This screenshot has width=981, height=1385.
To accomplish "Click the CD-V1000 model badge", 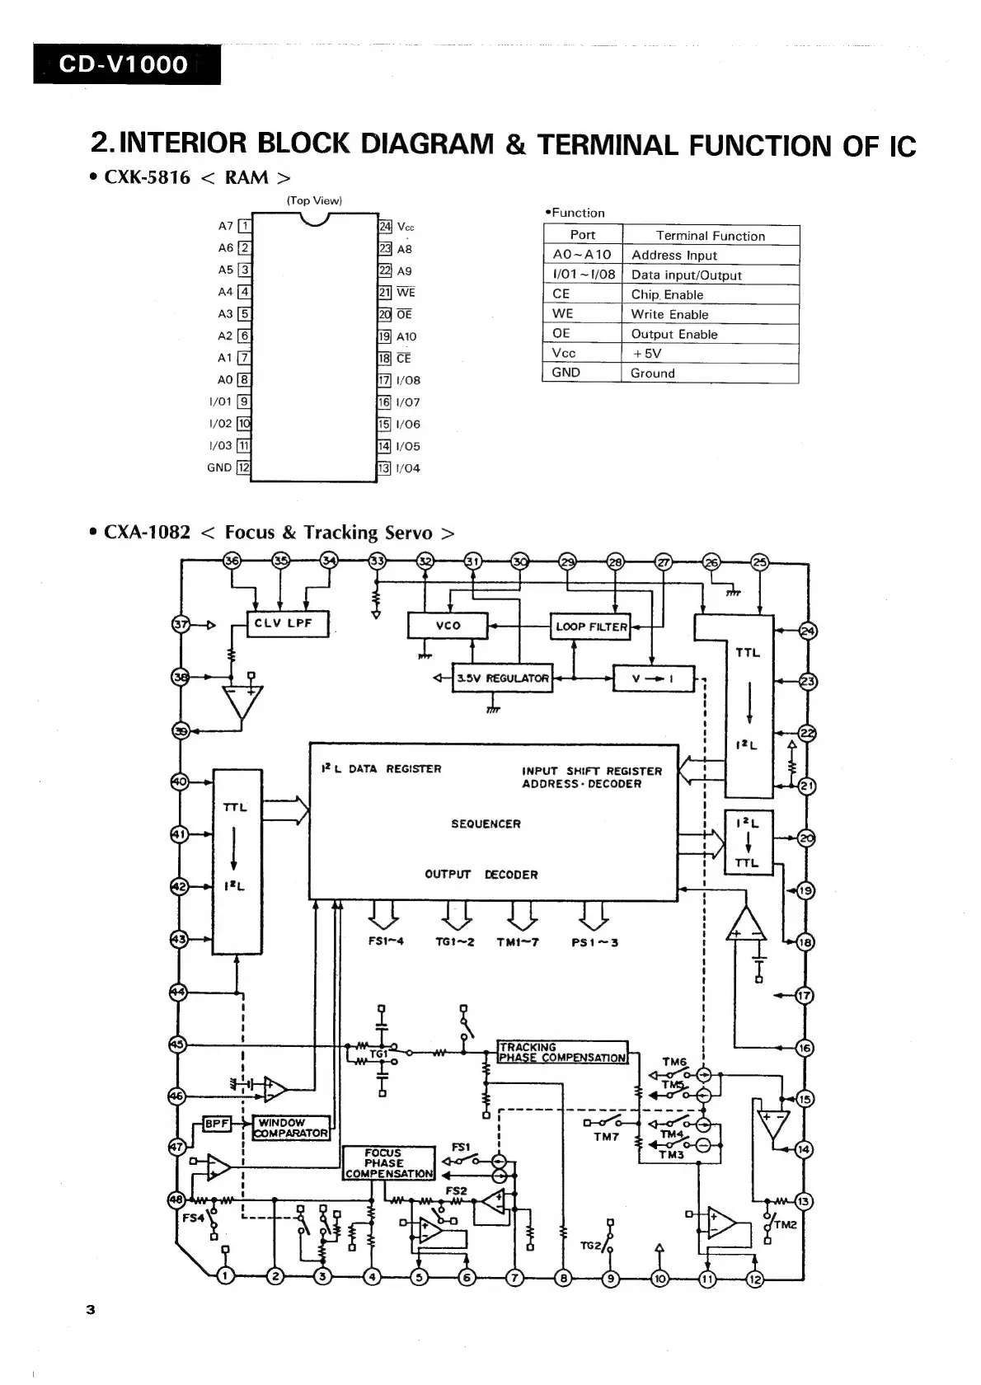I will pos(126,64).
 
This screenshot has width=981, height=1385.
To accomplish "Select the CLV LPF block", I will pos(288,624).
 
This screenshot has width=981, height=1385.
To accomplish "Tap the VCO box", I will pos(448,626).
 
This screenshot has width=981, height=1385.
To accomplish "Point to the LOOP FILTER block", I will pos(590,627).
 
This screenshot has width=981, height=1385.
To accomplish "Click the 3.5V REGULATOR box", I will pos(501,678).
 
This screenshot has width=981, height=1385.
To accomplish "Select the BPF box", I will pos(217,1123).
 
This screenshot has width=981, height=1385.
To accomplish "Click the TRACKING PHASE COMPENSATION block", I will pos(562,1052).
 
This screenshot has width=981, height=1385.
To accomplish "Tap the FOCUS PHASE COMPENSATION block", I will pos(387,1163).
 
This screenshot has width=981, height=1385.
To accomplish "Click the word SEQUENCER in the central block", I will pos(486,824).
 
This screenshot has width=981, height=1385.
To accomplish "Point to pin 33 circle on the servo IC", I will pos(377,561).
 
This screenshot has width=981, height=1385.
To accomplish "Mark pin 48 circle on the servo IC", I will pos(176,1199).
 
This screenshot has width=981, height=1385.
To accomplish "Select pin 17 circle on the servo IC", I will pos(804,995).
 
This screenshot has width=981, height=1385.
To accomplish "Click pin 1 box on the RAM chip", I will pos(244,226).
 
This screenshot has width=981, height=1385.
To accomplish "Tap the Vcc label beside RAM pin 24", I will pos(406,227).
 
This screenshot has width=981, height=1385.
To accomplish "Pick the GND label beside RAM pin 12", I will pos(219,467).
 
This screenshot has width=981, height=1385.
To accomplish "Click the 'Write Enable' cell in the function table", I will pos(669,314).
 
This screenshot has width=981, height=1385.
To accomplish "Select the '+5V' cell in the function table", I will pos(646,354).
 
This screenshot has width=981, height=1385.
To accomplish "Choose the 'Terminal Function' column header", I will pos(710,236).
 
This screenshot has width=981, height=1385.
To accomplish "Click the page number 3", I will pos(91,1311).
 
